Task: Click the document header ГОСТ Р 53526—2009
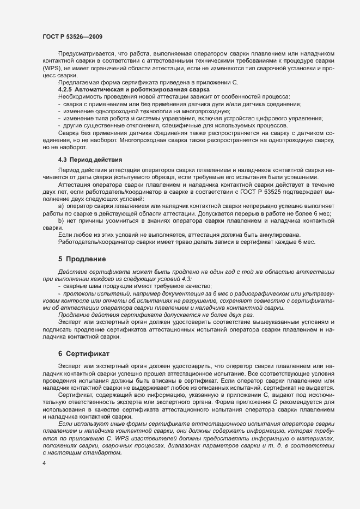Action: click(x=72, y=36)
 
